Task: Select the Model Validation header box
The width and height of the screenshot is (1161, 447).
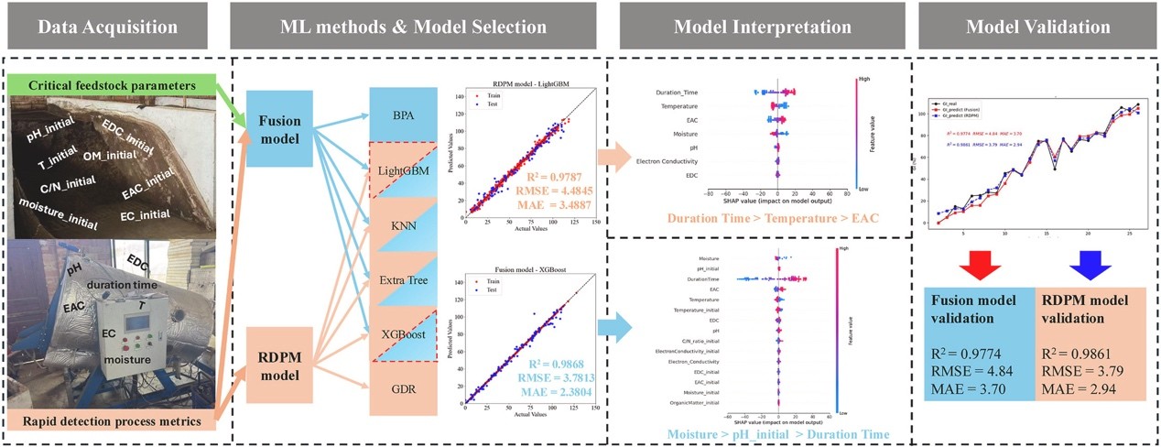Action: click(x=1038, y=27)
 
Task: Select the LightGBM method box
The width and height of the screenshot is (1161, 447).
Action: click(x=403, y=171)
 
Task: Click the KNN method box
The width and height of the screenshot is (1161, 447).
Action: click(x=403, y=224)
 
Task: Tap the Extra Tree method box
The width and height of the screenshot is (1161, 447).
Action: click(x=403, y=278)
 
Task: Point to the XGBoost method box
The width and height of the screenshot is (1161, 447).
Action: click(x=403, y=333)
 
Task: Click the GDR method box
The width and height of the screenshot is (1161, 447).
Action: click(x=403, y=388)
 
